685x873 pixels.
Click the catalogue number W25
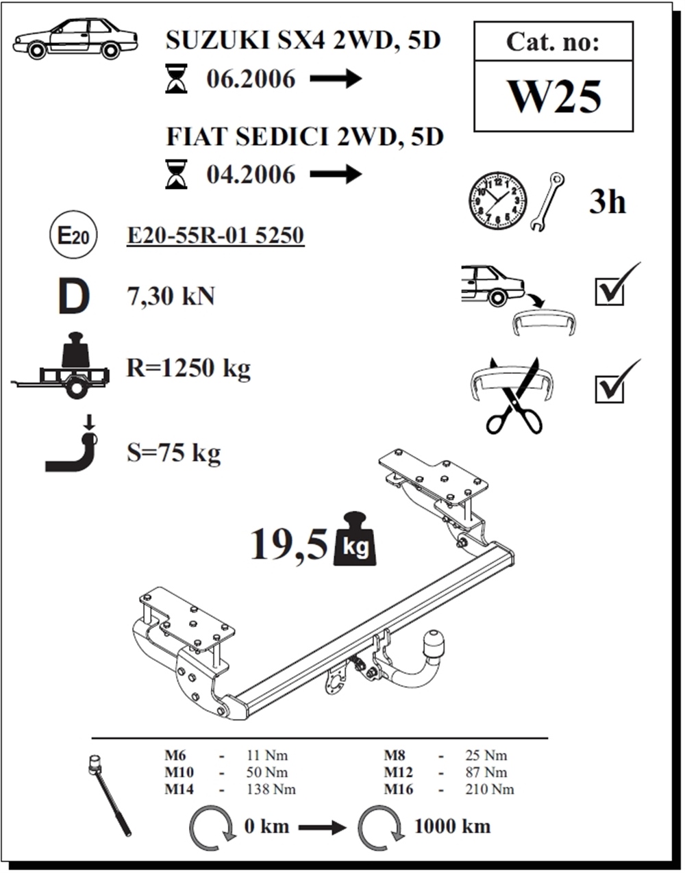click(x=555, y=97)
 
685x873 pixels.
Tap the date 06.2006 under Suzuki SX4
click(x=251, y=79)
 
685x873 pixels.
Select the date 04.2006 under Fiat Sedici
click(x=251, y=175)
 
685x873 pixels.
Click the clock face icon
click(x=497, y=201)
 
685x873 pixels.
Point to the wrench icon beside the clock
click(x=547, y=201)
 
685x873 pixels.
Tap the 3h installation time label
click(x=607, y=202)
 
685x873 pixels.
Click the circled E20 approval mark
click(x=73, y=236)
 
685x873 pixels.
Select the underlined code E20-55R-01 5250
click(x=215, y=236)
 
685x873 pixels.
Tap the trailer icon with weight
click(x=60, y=365)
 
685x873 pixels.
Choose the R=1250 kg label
click(x=188, y=368)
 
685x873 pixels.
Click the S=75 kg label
click(x=173, y=453)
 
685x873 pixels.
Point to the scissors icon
click(x=514, y=396)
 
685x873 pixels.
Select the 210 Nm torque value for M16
click(x=490, y=789)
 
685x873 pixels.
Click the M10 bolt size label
click(x=179, y=772)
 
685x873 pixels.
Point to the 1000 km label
click(x=452, y=826)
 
